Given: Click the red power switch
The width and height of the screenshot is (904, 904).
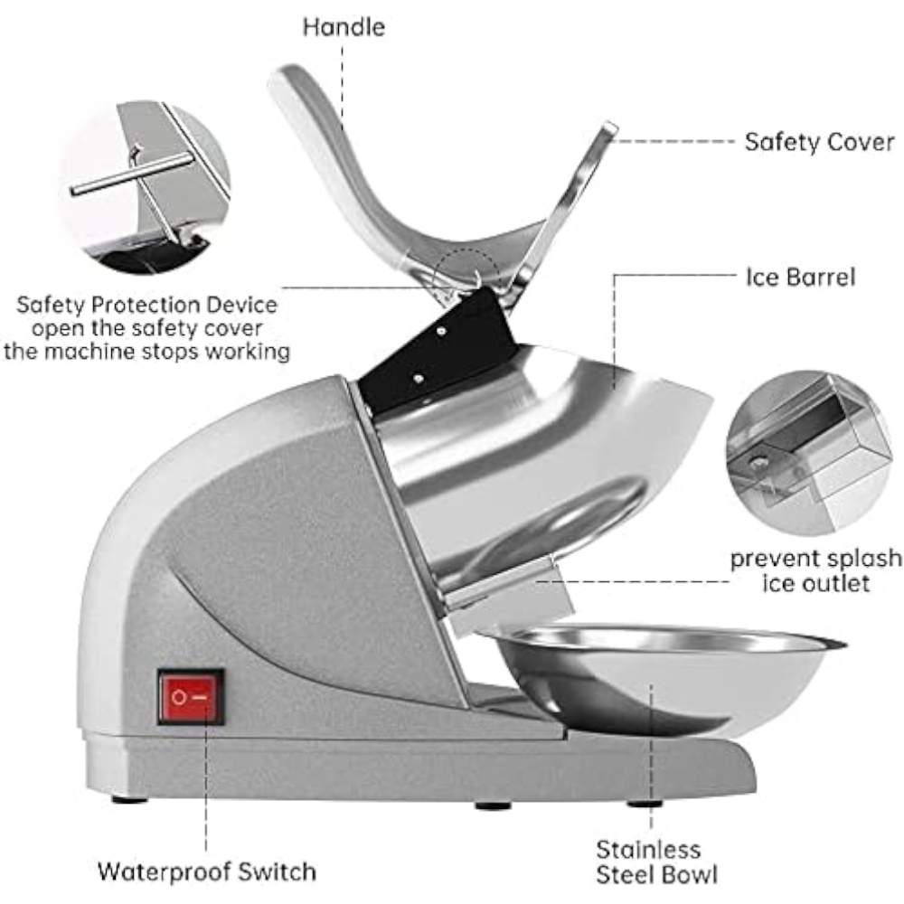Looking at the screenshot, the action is [191, 697].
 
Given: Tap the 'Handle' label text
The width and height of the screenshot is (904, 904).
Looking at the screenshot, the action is [344, 27].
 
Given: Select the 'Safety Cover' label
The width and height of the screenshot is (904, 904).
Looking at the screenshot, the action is [819, 142].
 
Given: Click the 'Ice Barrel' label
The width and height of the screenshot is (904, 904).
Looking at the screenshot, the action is [800, 278].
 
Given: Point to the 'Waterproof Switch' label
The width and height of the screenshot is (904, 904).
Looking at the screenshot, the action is [207, 871].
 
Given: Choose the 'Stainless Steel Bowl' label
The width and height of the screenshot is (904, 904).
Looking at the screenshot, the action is [656, 862].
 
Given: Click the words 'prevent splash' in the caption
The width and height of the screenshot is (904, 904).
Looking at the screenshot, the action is [815, 559].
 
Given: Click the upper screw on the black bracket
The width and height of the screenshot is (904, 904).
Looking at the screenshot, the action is [440, 332].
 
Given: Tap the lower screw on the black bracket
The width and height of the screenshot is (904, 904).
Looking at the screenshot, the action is [419, 379].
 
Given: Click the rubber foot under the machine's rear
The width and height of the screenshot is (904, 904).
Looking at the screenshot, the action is [129, 799].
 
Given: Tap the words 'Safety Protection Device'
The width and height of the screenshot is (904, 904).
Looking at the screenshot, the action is [146, 305].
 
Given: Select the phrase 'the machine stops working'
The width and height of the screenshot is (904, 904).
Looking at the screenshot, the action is [146, 351].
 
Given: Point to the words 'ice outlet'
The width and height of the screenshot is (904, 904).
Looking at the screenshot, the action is [815, 583].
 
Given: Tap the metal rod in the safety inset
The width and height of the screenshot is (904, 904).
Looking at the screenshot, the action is [131, 173].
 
